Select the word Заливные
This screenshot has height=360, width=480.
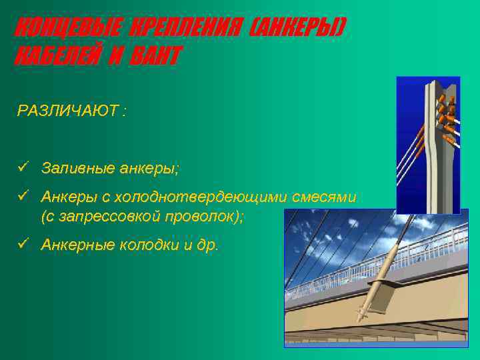click(73, 166)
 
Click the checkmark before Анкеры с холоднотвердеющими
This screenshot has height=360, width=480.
click(23, 197)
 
